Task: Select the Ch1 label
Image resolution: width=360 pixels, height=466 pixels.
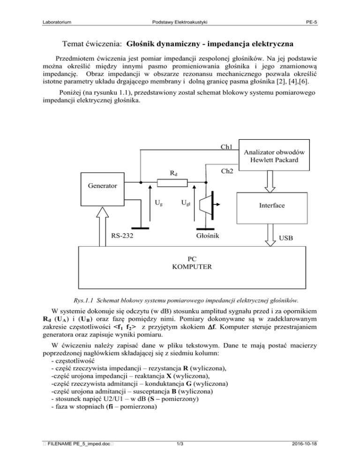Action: (x=227, y=147)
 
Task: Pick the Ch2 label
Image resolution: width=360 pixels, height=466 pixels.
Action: (x=227, y=172)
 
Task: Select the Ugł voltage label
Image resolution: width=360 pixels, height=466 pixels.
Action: (x=186, y=203)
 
